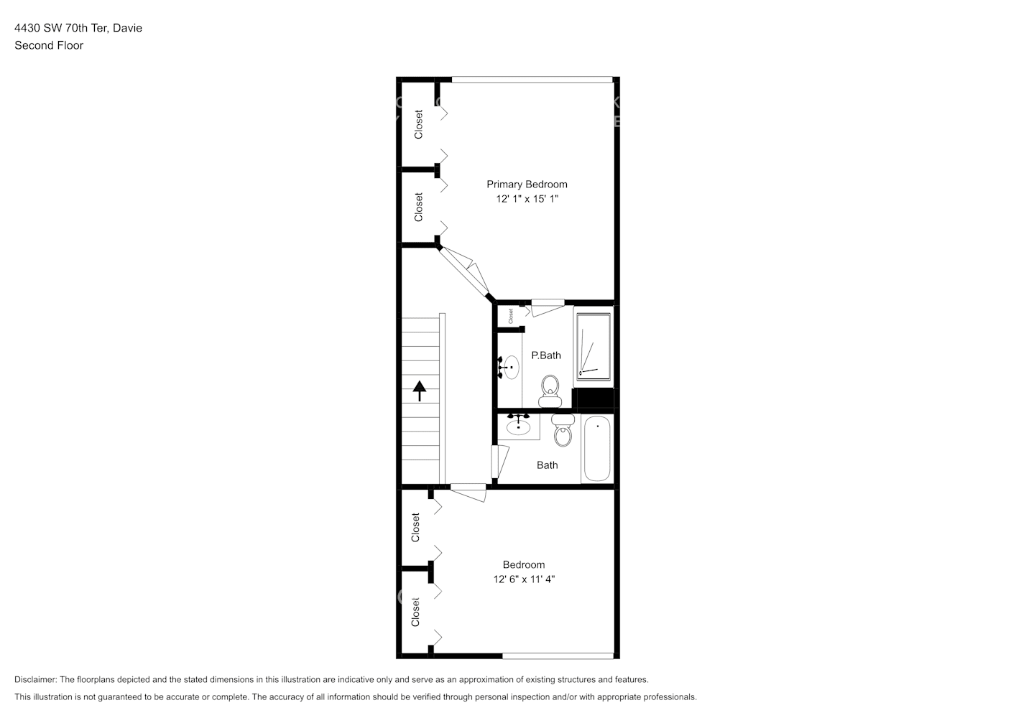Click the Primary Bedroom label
527,185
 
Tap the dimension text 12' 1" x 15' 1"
527,199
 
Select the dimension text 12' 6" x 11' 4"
524,579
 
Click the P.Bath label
546,355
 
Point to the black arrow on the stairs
420,391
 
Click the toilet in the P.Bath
550,389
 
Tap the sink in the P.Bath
510,367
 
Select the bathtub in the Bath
596,449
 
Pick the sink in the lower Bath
518,426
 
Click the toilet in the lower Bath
563,431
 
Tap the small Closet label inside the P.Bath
511,316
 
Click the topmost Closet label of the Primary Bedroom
418,124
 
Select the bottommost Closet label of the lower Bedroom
415,612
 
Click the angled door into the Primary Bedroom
465,271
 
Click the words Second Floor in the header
49,45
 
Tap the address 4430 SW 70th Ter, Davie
78,28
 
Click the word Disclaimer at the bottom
35,679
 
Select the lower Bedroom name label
524,565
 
